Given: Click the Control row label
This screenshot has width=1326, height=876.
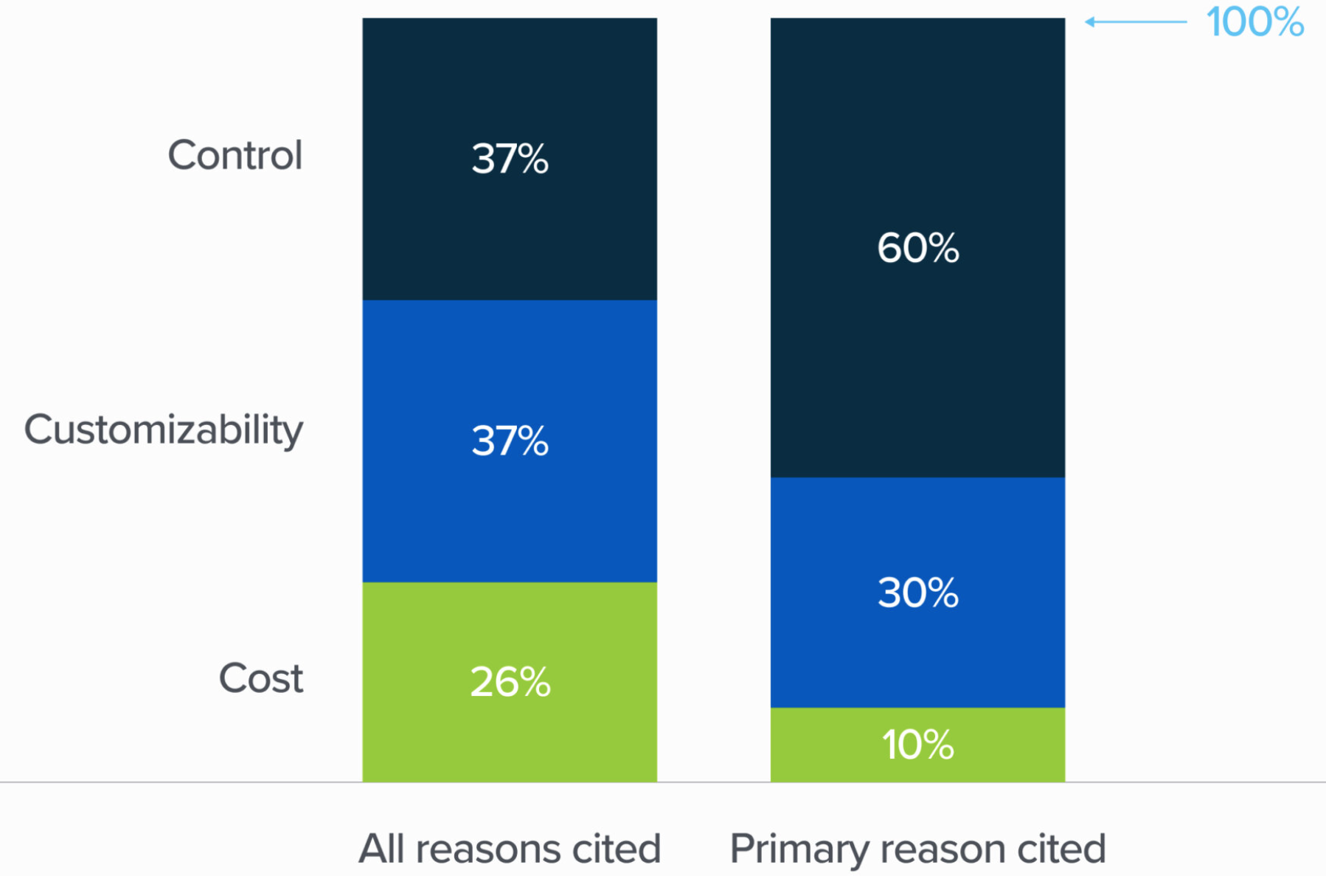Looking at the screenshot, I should click(235, 155).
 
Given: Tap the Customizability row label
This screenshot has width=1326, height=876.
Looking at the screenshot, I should click(163, 430).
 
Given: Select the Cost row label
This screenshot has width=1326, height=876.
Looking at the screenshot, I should click(260, 678).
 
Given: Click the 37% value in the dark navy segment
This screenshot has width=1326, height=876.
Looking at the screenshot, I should click(510, 159).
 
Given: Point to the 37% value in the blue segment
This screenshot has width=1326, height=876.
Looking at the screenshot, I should click(510, 441).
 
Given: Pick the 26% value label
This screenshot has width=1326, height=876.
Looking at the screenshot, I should click(510, 682).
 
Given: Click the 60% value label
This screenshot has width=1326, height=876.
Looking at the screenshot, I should click(917, 247).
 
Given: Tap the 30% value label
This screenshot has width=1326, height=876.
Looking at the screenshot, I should click(917, 593).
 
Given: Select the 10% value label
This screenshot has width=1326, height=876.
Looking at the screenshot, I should click(917, 745).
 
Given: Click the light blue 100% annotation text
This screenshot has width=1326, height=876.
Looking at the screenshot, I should click(1254, 22).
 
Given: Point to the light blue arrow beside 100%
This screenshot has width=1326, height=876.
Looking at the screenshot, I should click(1136, 22).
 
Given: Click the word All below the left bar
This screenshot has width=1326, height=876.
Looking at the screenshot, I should click(381, 849).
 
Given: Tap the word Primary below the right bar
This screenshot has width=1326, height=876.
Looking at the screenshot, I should click(799, 849).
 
